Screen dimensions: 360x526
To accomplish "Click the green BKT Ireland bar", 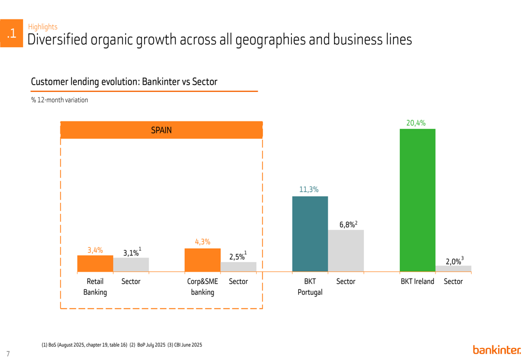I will click(x=417, y=200).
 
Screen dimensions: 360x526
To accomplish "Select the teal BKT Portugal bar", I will click(x=310, y=234).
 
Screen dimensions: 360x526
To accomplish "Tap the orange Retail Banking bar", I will click(x=95, y=263).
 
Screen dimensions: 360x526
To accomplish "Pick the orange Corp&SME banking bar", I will click(x=203, y=260).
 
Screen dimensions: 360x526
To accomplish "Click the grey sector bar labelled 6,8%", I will click(x=346, y=251).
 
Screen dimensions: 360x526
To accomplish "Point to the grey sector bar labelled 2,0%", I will click(x=453, y=269).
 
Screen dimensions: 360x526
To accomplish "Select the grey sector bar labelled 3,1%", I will click(x=131, y=264).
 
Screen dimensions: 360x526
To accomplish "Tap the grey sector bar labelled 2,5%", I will click(x=238, y=266).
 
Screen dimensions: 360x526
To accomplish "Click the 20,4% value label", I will click(x=416, y=123).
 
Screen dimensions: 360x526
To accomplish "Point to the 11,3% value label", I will click(x=309, y=190).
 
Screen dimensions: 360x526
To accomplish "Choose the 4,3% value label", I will click(x=203, y=242).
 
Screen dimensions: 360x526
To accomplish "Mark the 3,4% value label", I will click(x=95, y=250).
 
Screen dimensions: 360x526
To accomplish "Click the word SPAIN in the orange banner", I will click(x=161, y=130).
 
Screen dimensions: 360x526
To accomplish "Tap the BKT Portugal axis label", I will click(x=310, y=286).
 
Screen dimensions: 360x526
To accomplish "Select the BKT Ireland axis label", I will click(x=418, y=281).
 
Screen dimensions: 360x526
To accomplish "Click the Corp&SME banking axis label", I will click(x=203, y=286).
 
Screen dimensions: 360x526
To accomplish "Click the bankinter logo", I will click(x=497, y=349).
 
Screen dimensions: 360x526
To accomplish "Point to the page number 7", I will click(x=8, y=354).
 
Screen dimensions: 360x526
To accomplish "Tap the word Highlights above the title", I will click(x=43, y=27).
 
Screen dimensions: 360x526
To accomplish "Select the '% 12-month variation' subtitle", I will click(x=59, y=100).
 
